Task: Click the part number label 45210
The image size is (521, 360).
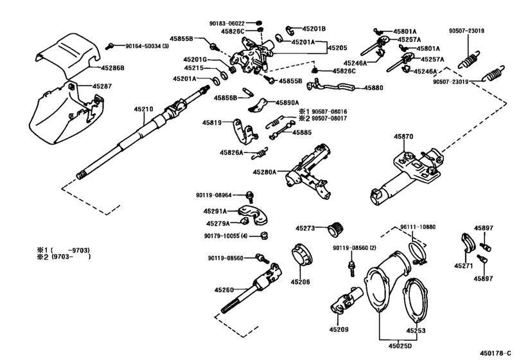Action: (x=143, y=109)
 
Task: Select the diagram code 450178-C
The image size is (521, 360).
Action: (x=495, y=353)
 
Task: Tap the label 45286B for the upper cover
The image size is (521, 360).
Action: (x=112, y=67)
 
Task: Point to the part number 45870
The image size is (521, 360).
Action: (x=403, y=136)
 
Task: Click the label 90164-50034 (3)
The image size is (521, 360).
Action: (x=147, y=46)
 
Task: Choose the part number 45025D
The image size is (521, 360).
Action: (x=400, y=346)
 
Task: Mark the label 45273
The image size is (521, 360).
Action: (x=305, y=228)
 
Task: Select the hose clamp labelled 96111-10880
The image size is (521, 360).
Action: (x=417, y=253)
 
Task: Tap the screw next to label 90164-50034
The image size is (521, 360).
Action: (x=110, y=46)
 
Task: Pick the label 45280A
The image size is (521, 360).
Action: (x=265, y=172)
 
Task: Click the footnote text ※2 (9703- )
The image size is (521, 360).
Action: (x=64, y=257)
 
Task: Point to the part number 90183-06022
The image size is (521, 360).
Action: (x=227, y=24)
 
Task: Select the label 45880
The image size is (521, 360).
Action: (x=373, y=88)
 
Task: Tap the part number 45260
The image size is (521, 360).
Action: (x=224, y=290)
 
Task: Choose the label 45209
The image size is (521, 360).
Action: (x=339, y=329)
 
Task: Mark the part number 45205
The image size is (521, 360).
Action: (x=337, y=48)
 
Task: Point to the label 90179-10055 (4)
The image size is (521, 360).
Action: (x=225, y=236)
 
